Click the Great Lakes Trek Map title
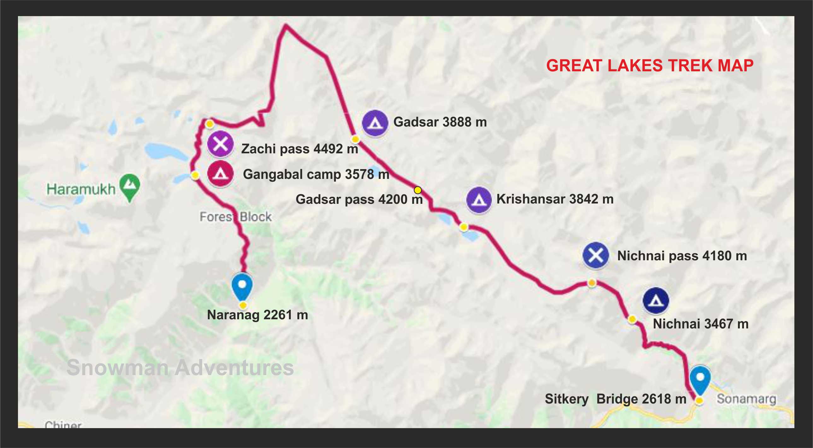coord(650,66)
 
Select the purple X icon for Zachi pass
coord(220,144)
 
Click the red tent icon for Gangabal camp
coord(220,174)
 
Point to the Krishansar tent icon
coord(479,200)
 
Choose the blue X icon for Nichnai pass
coord(595,255)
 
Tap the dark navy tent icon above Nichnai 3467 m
coord(656,301)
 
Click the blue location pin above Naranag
coord(242,286)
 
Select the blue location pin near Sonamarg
coord(700,379)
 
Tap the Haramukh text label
coord(81,189)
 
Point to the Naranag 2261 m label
coord(257,315)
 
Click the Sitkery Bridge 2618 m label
coord(616,399)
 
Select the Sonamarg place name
coord(746,399)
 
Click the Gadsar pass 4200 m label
coord(359,199)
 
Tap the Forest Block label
coord(236,217)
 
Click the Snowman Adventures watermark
coord(180,368)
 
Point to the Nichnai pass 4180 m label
coord(682,256)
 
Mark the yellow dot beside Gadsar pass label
coord(418,190)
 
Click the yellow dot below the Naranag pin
coord(243,305)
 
